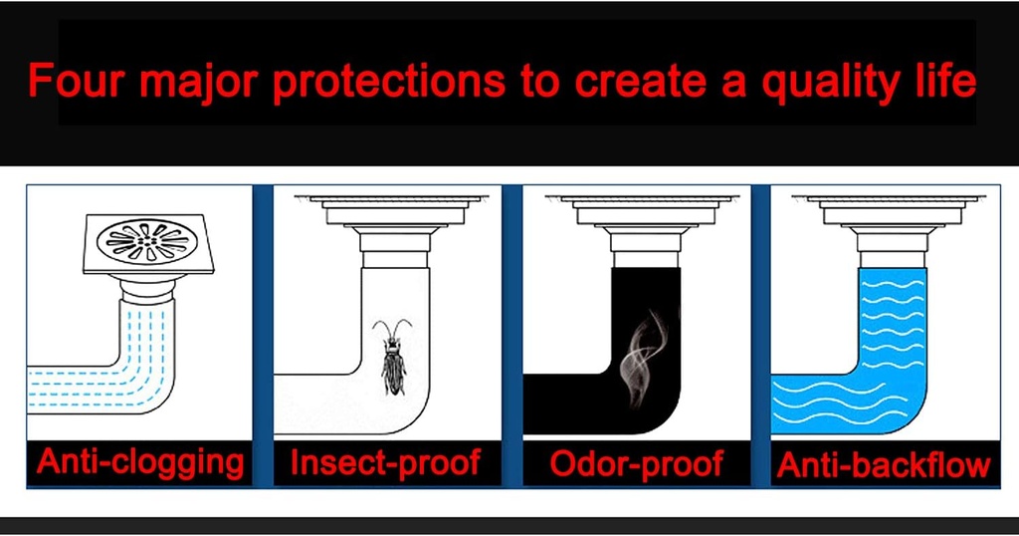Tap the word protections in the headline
coord(388,83)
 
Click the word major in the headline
coord(198,83)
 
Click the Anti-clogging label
coord(140,463)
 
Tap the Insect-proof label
coord(385,462)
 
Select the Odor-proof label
coord(636,463)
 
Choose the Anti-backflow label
coord(884,464)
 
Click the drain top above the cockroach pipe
coord(392,227)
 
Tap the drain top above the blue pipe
coord(889,227)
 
